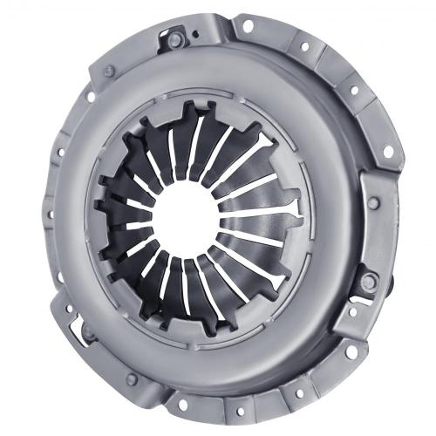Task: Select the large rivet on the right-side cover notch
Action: click(x=370, y=280)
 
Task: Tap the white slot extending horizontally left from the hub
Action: click(x=122, y=225)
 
